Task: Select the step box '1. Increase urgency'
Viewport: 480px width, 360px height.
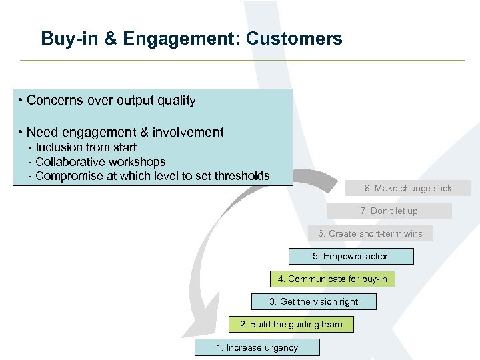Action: pos(257,347)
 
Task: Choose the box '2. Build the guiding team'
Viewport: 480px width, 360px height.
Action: pos(291,325)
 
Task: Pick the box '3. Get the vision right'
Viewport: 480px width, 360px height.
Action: pos(313,302)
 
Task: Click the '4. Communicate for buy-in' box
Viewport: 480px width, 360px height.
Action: pos(332,279)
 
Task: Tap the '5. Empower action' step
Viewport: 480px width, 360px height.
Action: pos(351,256)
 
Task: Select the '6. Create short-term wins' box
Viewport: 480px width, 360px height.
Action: pos(370,233)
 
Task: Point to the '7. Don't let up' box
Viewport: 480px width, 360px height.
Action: pos(389,211)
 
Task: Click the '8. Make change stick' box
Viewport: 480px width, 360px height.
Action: pos(408,189)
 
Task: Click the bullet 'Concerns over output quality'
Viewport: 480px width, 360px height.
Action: pos(111,101)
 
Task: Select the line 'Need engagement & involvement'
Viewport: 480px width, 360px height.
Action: pos(125,132)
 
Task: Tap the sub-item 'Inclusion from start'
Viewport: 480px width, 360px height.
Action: pos(85,147)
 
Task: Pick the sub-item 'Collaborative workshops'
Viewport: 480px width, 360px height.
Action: pos(100,161)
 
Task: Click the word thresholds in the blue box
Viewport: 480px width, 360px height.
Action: pos(239,176)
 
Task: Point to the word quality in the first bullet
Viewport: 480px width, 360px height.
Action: pos(175,101)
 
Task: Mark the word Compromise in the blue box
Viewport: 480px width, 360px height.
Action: pos(66,176)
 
